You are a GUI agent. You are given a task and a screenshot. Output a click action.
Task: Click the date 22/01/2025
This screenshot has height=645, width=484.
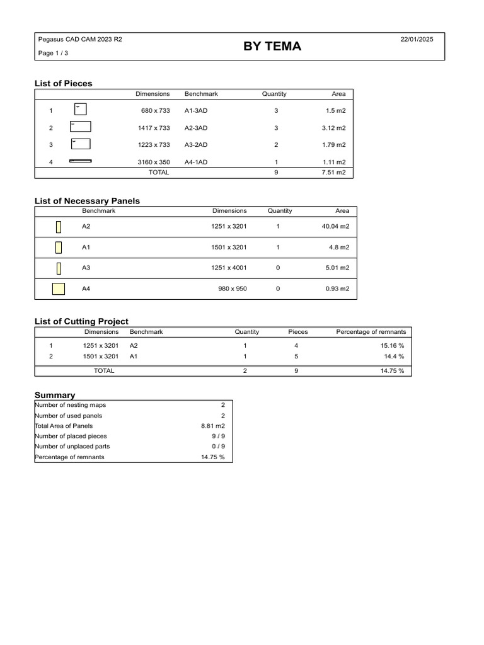tap(417, 40)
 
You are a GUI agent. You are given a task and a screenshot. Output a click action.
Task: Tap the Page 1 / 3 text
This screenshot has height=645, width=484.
tap(54, 54)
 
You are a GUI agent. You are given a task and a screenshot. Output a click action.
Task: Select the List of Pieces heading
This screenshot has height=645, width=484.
tap(63, 83)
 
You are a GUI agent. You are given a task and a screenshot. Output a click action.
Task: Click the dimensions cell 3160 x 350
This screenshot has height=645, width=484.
tap(154, 162)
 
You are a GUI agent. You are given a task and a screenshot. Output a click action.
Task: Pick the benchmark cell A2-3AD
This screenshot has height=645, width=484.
tap(196, 128)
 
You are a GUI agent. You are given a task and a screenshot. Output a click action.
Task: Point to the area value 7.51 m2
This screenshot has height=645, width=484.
tap(333, 173)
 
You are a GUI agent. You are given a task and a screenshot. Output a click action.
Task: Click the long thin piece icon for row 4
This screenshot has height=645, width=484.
tap(80, 161)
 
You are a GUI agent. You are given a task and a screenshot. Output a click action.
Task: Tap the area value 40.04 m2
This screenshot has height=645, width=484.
tap(336, 226)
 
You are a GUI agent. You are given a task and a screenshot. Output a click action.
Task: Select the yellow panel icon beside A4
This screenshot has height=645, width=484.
tap(59, 289)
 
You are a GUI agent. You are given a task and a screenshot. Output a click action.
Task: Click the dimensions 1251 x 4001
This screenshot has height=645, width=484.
tap(229, 268)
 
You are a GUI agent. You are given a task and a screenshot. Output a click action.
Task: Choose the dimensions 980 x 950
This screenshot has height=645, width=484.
tap(233, 289)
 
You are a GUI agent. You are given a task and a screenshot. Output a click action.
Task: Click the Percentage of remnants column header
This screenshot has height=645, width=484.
tap(371, 331)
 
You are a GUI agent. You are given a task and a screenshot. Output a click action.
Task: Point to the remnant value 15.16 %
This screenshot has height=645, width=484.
tap(392, 345)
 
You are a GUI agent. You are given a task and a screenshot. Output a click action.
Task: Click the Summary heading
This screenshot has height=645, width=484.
tap(55, 395)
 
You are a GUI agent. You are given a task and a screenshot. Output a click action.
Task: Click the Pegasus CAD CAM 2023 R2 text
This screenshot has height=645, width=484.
tap(80, 40)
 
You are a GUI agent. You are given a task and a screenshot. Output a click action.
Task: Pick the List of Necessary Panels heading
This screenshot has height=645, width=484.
tap(87, 201)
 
